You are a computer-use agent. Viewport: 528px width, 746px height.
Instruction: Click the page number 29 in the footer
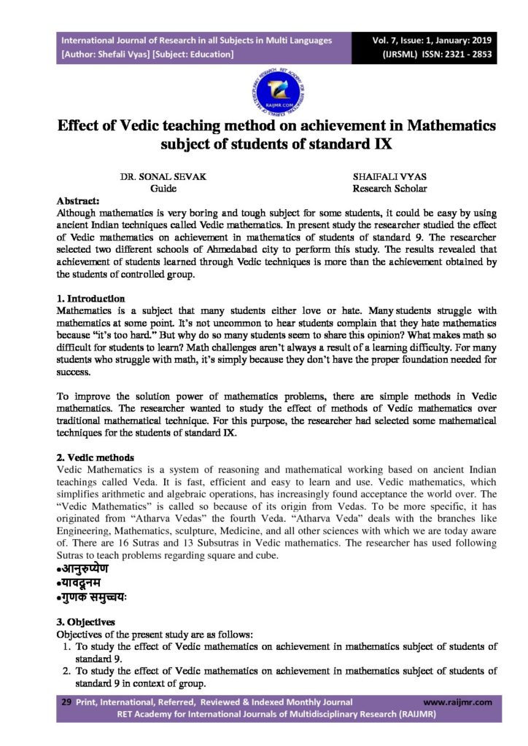(x=65, y=702)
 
